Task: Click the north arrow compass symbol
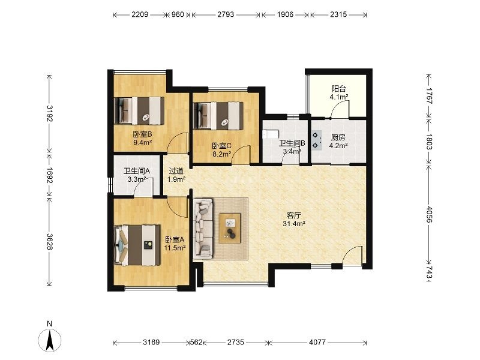pos(50,340)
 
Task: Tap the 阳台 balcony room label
pos(339,89)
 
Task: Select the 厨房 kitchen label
pos(338,138)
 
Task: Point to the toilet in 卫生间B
pos(271,134)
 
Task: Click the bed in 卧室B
pos(139,110)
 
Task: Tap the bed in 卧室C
pos(218,115)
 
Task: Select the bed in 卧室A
pos(137,245)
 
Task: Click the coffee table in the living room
pos(230,229)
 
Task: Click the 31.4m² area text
pos(294,224)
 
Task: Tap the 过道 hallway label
pos(176,171)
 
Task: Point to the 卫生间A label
pos(137,171)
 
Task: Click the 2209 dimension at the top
pos(140,14)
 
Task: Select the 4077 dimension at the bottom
pos(317,342)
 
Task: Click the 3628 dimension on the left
pos(49,241)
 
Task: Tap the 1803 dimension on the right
pos(429,142)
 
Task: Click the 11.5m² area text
pos(175,248)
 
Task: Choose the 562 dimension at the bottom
pos(196,342)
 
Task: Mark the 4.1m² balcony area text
pos(339,97)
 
